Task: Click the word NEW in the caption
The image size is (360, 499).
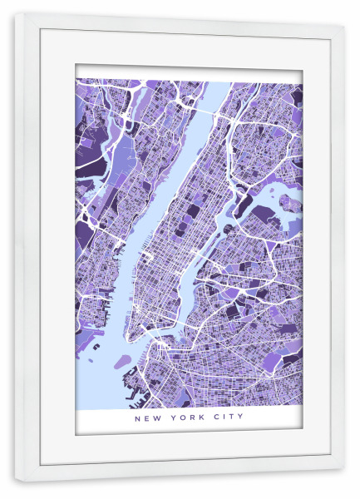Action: coord(147,417)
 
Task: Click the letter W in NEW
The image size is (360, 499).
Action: coord(155,417)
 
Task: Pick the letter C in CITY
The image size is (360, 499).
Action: coord(214,417)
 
